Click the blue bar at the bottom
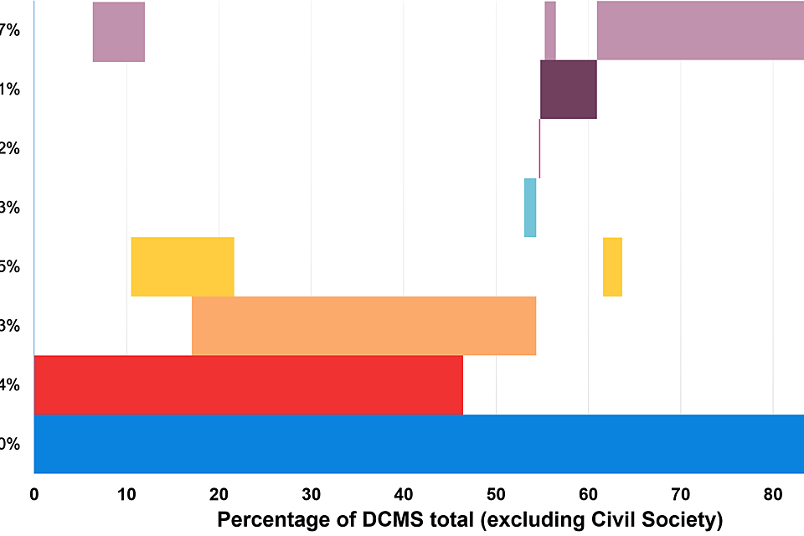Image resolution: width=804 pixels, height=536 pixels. coord(419,444)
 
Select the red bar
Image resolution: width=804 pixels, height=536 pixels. coord(248,385)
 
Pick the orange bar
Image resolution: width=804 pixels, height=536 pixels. coord(363,326)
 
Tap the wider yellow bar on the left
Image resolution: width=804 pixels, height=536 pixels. coord(183,266)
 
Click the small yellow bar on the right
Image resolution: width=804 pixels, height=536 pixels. coord(612,266)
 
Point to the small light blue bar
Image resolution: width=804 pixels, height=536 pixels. coord(530,208)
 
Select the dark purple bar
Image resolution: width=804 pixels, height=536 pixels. coord(569,89)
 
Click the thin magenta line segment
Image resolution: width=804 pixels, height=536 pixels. coord(539,148)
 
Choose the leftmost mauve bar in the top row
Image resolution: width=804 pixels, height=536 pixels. coord(118,32)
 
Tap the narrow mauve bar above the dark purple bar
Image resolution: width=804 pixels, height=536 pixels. coord(550,30)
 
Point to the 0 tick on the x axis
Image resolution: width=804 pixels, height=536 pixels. coord(34,494)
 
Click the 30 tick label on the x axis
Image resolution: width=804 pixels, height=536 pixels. coord(311,494)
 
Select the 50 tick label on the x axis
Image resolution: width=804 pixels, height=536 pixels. coord(496,494)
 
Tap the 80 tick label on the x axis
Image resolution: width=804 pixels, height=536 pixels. coord(773,494)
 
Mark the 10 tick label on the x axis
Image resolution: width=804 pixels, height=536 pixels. coord(126,494)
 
